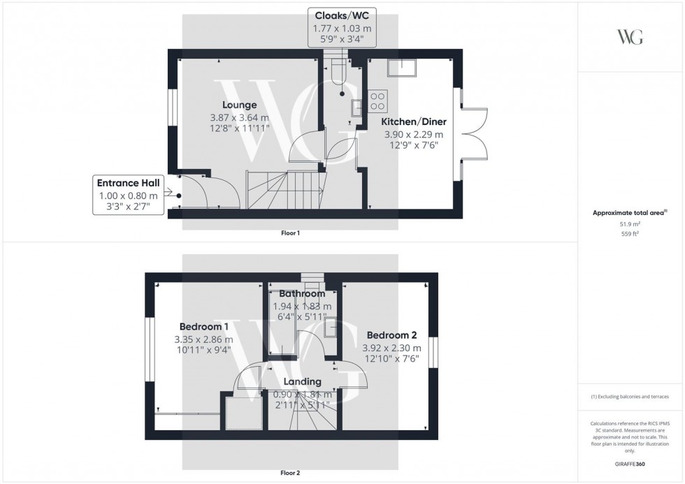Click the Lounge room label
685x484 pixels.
coord(239,105)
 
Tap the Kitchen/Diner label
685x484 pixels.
coord(414,122)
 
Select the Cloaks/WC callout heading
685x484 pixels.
coord(342,15)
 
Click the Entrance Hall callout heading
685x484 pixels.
coord(129,183)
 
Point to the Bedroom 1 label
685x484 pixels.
coord(204,326)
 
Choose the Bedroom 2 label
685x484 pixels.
coord(392,335)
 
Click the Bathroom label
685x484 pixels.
coord(302,294)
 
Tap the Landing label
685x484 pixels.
coord(302,382)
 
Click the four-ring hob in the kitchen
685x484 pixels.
coord(378,101)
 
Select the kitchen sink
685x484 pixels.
coord(401,67)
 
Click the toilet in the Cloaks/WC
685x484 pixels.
coord(339,71)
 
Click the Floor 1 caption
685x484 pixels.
coord(291,233)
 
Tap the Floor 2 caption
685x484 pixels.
coord(291,473)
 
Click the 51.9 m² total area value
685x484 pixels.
coord(630,224)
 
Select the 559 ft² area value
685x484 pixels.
coord(630,234)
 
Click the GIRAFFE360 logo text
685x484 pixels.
coord(630,464)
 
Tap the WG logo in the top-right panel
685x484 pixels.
coord(630,37)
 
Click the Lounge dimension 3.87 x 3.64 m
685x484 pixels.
coord(239,118)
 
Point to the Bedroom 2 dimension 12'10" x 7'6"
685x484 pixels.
coord(392,359)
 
